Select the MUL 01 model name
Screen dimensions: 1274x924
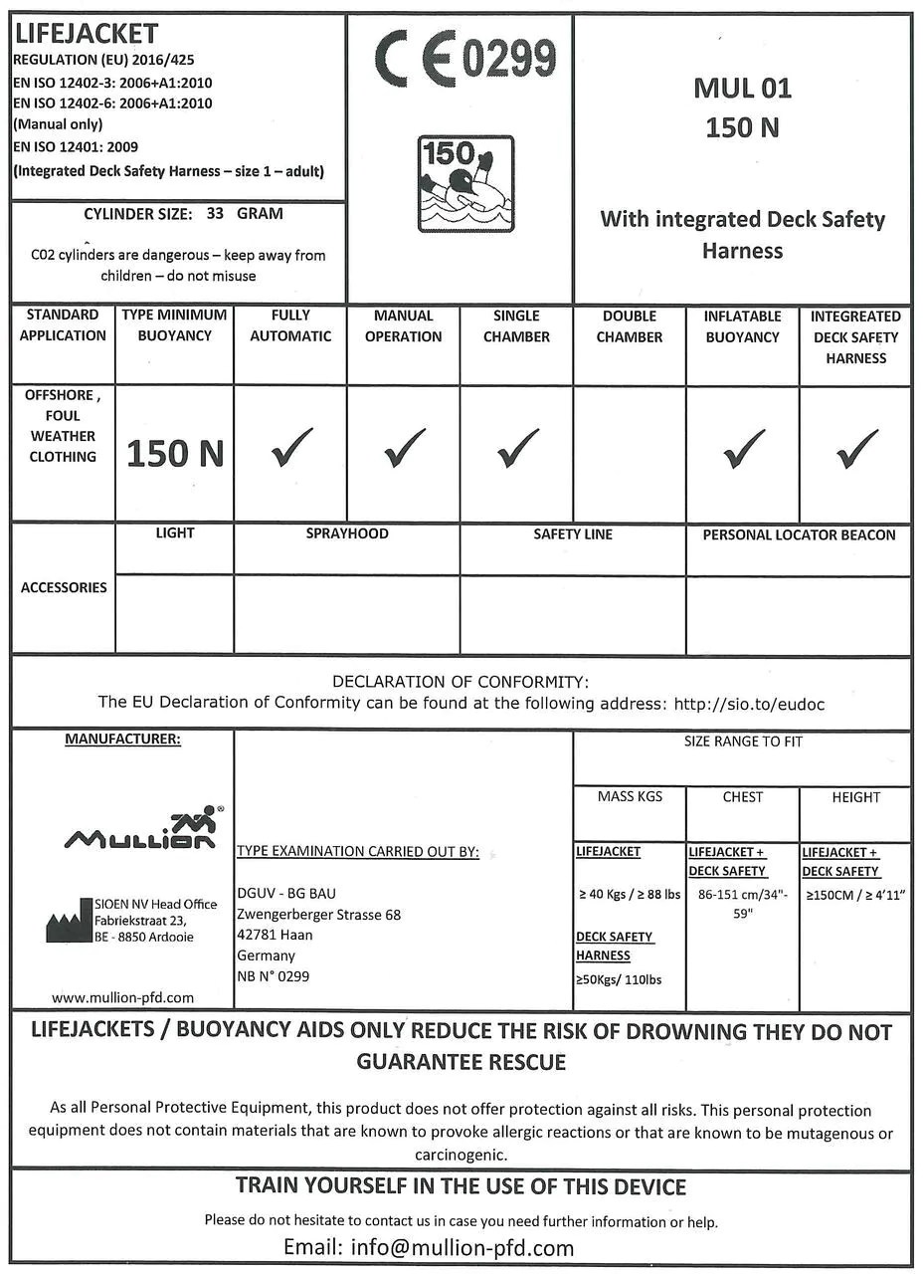(742, 89)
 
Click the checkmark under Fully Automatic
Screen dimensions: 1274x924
(290, 450)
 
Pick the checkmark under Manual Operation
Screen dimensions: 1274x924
(404, 450)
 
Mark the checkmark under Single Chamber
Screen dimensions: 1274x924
(517, 450)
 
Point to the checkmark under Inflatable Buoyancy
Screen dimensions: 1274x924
(743, 450)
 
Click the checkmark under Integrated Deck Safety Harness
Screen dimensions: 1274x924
(856, 450)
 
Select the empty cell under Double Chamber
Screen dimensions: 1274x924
(630, 453)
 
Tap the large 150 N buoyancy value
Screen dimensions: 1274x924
(175, 454)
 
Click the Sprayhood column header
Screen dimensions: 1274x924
(347, 534)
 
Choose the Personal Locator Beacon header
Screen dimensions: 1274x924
(799, 535)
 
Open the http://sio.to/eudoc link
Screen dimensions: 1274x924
(749, 704)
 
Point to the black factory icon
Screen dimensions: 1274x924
(69, 923)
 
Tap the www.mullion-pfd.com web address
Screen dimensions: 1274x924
(122, 996)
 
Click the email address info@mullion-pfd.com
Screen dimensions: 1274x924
(462, 1247)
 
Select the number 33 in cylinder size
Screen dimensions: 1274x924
(216, 213)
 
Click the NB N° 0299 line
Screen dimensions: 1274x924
(273, 976)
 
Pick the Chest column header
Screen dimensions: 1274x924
(742, 797)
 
